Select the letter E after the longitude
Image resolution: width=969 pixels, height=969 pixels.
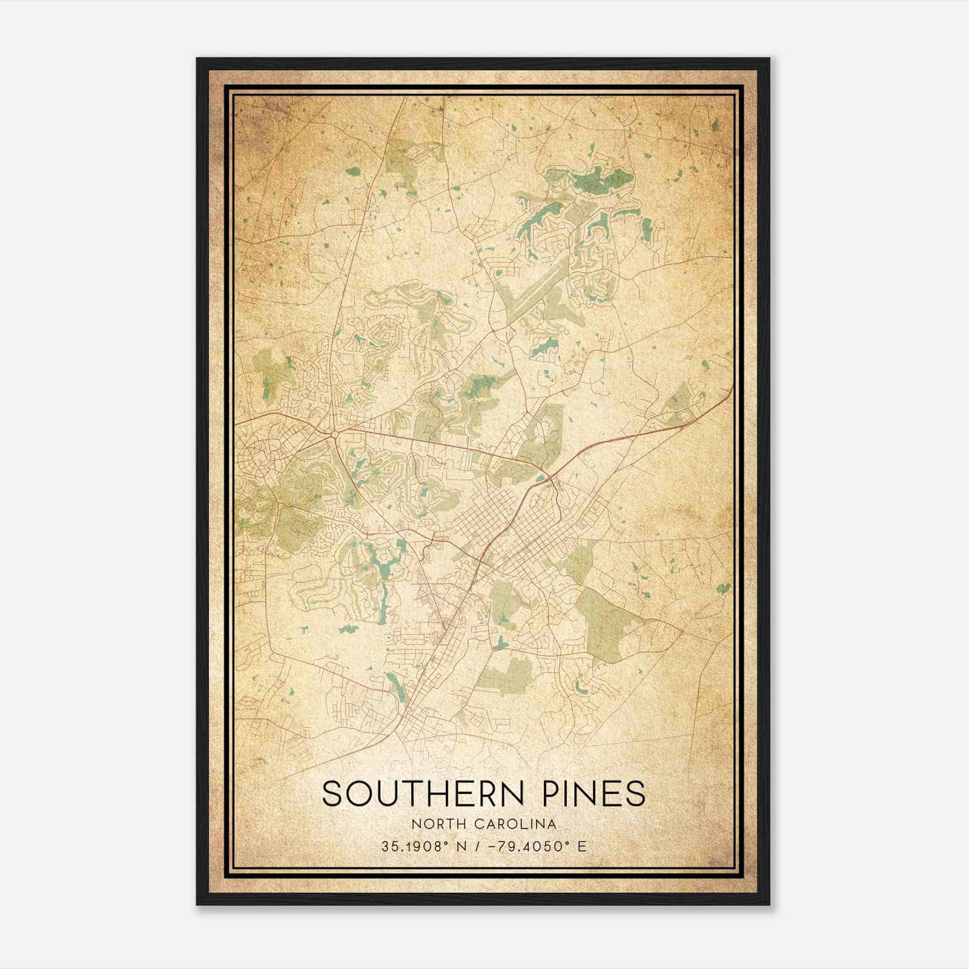582,846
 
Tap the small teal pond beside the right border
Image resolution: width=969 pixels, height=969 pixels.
722,587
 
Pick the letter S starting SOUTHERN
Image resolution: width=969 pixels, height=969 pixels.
331,793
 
